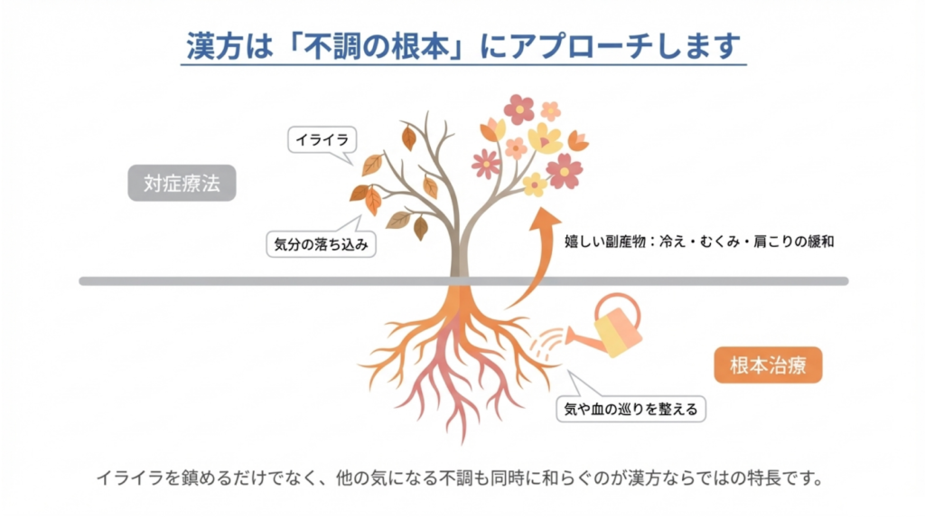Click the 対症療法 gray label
(182, 185)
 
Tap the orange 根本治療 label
(769, 365)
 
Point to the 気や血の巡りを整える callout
(631, 409)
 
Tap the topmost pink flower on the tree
(519, 109)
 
